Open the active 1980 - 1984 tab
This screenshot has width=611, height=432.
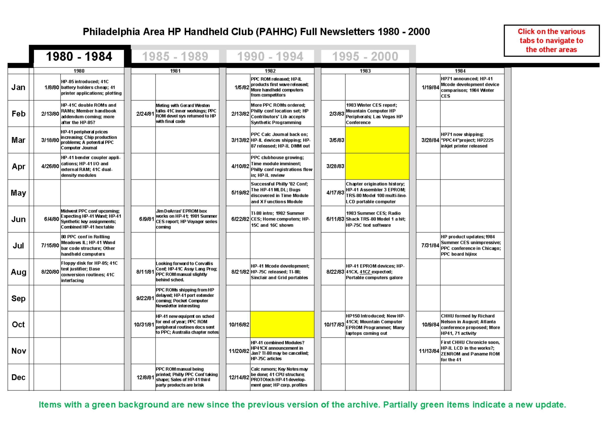[x=79, y=56]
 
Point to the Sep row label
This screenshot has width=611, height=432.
[x=18, y=298]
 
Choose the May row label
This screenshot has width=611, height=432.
[x=18, y=193]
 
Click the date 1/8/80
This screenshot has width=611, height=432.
[x=52, y=87]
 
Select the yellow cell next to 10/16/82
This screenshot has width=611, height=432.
[x=282, y=324]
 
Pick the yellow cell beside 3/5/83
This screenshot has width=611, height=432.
[x=377, y=140]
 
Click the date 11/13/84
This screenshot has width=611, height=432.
[x=428, y=351]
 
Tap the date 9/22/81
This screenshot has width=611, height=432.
[x=145, y=298]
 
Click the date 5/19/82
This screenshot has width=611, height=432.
[x=240, y=193]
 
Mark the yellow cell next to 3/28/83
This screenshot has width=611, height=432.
[x=377, y=166]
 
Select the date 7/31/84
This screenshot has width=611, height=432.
[x=430, y=245]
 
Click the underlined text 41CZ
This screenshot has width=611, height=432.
[x=365, y=272]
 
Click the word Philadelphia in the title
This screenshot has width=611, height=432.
[x=111, y=32]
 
